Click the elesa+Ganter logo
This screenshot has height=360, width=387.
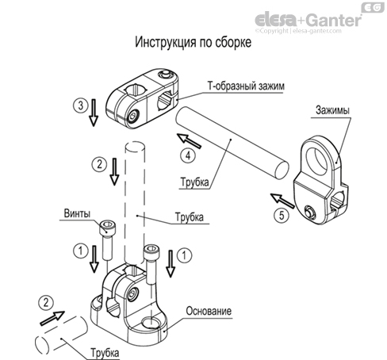[x=318, y=20]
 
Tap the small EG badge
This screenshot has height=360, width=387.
[x=370, y=6]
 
